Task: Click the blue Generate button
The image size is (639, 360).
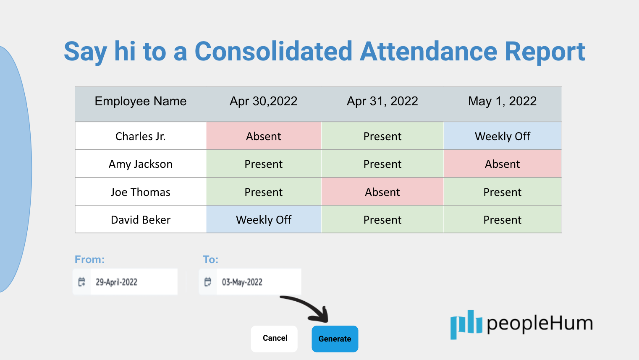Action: pos(335,339)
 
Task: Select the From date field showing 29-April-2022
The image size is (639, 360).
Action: pos(125,282)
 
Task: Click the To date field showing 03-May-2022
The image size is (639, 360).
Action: pos(250,282)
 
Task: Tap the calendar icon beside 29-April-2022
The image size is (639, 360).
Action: pos(81,282)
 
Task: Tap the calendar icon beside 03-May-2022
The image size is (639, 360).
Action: pos(208,282)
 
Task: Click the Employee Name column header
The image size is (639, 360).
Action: pos(141,101)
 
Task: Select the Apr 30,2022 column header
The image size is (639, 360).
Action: pos(264,101)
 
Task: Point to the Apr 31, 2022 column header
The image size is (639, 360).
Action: pos(382,101)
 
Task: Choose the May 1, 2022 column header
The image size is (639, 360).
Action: pos(503,101)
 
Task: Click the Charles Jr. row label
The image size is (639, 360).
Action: pos(141,136)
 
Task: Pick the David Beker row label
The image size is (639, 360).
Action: pos(141,220)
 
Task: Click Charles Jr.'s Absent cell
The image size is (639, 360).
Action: pos(264,136)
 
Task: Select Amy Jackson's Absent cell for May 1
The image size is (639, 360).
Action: pos(503,164)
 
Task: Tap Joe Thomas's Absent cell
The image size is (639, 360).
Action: pos(382,192)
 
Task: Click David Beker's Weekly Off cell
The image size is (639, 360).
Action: pos(264,219)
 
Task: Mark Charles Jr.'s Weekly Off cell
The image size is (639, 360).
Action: pos(503,136)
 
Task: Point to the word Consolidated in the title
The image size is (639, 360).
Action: pos(273,51)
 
